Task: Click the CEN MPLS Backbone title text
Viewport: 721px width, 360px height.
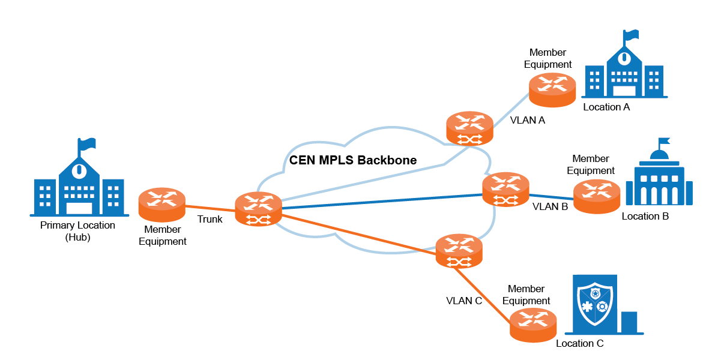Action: (x=353, y=160)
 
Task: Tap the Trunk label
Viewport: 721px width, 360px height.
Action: (x=210, y=220)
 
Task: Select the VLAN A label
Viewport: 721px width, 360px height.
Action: (x=527, y=120)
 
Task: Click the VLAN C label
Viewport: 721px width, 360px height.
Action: (x=464, y=301)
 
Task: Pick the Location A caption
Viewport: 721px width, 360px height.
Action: (x=606, y=107)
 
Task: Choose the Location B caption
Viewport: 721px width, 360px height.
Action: (x=645, y=216)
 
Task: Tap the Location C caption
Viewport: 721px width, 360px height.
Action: (x=579, y=344)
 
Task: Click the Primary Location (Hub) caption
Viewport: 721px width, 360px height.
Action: (x=77, y=231)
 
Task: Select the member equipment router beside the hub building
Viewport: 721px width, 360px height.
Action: (x=162, y=205)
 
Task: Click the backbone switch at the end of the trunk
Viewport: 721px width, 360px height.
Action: (x=259, y=209)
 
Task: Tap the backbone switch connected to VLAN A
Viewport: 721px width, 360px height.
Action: (x=470, y=128)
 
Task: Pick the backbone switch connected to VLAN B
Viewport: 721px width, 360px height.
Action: (x=506, y=189)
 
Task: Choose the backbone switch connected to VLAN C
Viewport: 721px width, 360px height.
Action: (x=459, y=251)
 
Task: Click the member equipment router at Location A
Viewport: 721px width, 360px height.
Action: (x=552, y=89)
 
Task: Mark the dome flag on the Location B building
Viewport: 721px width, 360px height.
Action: (x=663, y=143)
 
